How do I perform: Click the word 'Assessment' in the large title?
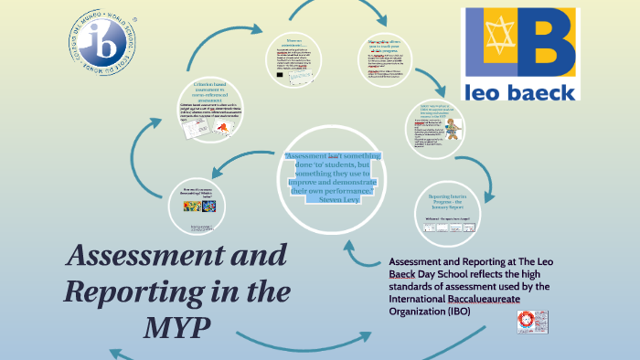point(175,256)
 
